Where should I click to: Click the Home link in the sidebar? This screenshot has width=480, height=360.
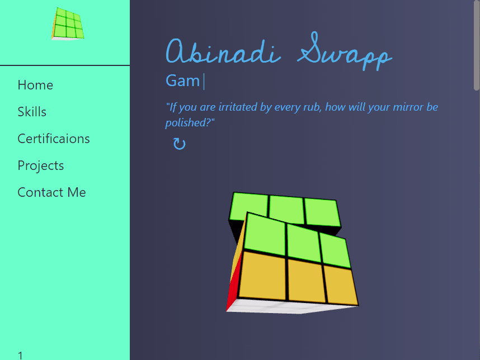pyautogui.click(x=35, y=85)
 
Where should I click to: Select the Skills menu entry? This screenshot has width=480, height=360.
pyautogui.click(x=32, y=112)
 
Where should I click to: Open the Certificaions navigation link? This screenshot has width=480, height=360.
pyautogui.click(x=54, y=139)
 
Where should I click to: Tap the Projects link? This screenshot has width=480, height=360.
pyautogui.click(x=41, y=165)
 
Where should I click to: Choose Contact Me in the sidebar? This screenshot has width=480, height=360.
pyautogui.click(x=51, y=192)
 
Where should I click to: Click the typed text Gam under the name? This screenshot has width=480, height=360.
pyautogui.click(x=183, y=81)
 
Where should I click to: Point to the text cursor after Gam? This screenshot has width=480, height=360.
pyautogui.click(x=204, y=82)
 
